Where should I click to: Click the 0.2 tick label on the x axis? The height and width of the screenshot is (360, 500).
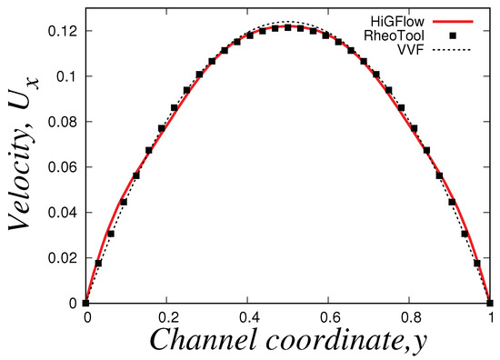pyautogui.click(x=166, y=319)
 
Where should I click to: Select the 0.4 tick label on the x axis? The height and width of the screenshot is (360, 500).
pyautogui.click(x=247, y=319)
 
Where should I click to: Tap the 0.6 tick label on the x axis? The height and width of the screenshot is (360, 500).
pyautogui.click(x=328, y=319)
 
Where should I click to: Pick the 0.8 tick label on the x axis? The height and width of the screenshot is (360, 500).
pyautogui.click(x=409, y=319)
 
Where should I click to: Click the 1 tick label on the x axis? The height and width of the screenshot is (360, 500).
pyautogui.click(x=491, y=319)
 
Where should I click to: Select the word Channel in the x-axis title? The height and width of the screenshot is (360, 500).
pyautogui.click(x=196, y=341)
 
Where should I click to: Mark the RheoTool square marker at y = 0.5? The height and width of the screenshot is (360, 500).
pyautogui.click(x=288, y=27)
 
